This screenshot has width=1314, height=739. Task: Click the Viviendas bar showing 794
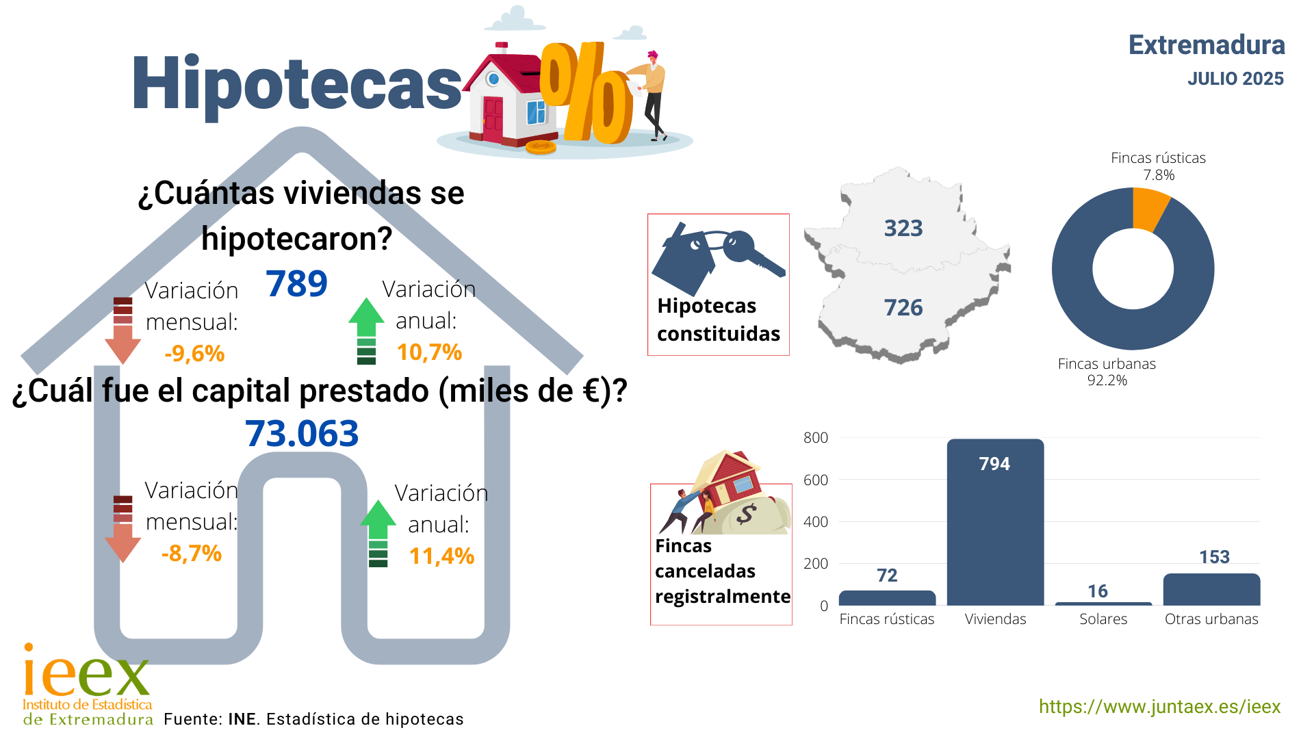[x=995, y=522]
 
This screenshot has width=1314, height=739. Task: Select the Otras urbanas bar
[x=1211, y=589]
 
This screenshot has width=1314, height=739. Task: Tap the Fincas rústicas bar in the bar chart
[x=887, y=598]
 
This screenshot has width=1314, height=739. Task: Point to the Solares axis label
[x=1103, y=619]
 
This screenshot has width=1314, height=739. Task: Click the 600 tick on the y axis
[x=816, y=480]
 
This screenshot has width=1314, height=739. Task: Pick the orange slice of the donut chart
[x=1150, y=209]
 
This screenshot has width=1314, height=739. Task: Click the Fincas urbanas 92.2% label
[x=1107, y=372]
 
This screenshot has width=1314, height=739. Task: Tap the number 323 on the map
[x=903, y=228]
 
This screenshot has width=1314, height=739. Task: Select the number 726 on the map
[x=903, y=307]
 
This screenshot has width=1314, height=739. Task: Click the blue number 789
[x=297, y=283]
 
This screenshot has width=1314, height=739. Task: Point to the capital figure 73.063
[x=302, y=434]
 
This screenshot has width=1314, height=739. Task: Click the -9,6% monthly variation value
[x=194, y=353]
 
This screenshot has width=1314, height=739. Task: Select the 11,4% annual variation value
[x=441, y=556]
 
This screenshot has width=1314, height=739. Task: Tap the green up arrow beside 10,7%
[x=367, y=331]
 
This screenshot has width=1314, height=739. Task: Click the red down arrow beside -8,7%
[x=123, y=529]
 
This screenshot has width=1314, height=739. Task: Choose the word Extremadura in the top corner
[x=1207, y=45]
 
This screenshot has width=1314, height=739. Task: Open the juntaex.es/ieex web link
[x=1159, y=707]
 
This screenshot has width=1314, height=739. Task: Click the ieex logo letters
[x=86, y=673]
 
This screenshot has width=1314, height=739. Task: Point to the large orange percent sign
[x=587, y=93]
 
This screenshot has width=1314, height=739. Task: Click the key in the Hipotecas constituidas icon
[x=753, y=253]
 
